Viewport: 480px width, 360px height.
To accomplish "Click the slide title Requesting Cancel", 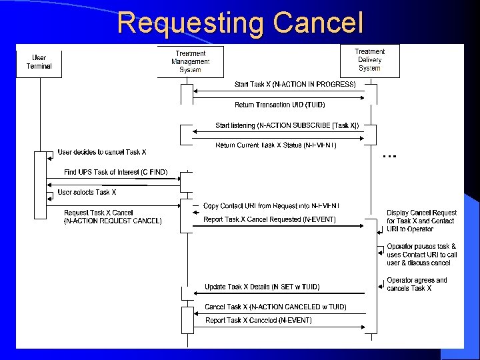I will click(240, 23).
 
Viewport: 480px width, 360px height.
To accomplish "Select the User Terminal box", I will click(39, 62).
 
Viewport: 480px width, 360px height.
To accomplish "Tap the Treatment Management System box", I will click(190, 61).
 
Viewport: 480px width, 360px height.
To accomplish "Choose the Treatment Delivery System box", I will click(369, 60).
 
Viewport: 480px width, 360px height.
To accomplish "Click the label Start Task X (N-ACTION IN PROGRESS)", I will click(295, 85).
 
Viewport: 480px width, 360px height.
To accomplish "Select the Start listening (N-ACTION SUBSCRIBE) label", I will click(287, 125).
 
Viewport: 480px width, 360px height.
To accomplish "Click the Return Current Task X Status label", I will click(276, 145).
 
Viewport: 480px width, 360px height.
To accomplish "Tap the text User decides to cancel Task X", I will click(102, 153).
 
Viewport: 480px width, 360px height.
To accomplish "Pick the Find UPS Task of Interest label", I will click(115, 173).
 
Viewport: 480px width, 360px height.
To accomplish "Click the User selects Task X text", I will click(87, 193).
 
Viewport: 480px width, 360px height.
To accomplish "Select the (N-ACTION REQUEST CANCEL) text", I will click(113, 221).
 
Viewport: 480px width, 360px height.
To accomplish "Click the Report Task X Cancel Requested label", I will click(269, 219).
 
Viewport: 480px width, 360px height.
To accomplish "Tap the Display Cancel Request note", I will click(421, 221).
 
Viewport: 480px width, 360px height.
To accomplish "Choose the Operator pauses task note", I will click(421, 255).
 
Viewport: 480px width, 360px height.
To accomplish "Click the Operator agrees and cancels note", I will click(417, 284).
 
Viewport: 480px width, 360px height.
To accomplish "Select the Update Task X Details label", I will click(262, 287).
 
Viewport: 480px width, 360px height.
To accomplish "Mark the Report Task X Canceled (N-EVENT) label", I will click(259, 321).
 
